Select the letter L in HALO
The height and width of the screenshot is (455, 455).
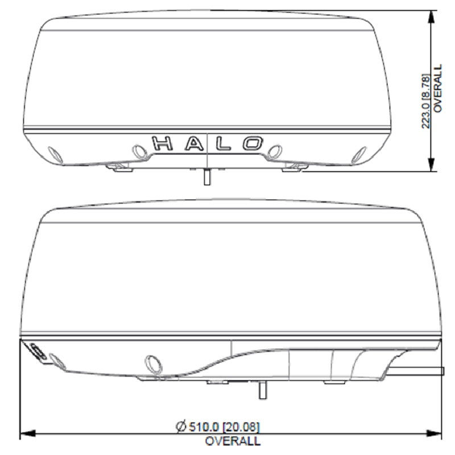click(x=223, y=143)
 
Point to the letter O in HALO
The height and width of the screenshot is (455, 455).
click(x=253, y=143)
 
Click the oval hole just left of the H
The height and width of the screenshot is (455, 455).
click(x=138, y=151)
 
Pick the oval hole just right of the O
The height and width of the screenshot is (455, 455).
click(x=275, y=151)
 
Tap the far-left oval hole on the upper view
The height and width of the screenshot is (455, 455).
click(x=56, y=154)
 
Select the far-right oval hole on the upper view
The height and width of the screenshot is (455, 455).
click(x=359, y=154)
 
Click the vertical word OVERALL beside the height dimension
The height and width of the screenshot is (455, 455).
click(x=437, y=88)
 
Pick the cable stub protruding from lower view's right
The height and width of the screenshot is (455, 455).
click(x=418, y=371)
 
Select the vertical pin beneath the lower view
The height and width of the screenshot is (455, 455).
click(x=262, y=390)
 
